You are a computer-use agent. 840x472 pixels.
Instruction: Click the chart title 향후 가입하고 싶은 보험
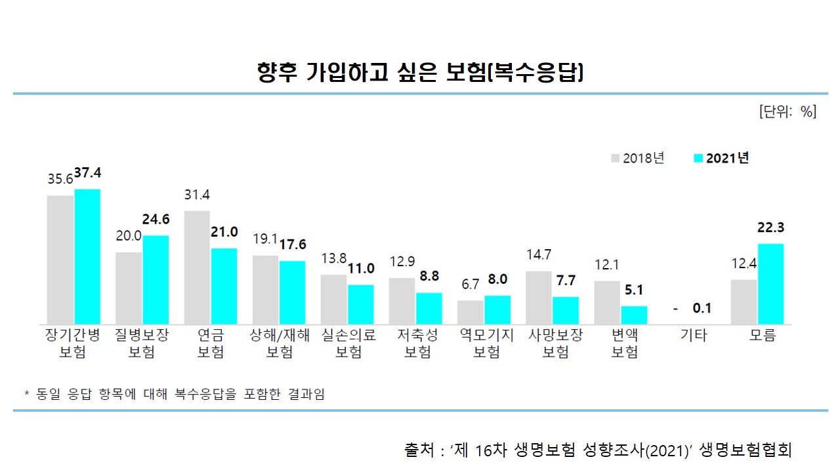click(420, 71)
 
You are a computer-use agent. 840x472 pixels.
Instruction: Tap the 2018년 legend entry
click(638, 158)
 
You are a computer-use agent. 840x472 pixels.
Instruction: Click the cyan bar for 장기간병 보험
click(87, 256)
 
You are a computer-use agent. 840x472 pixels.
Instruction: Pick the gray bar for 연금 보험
click(197, 267)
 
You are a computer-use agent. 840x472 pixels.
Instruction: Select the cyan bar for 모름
click(770, 284)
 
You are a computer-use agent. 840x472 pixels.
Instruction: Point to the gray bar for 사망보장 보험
click(539, 298)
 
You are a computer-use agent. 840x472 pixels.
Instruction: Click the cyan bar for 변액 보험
click(634, 315)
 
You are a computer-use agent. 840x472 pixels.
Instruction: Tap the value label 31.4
click(197, 195)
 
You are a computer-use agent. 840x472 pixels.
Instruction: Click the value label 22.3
click(770, 228)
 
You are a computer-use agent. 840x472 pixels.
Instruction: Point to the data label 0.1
click(702, 309)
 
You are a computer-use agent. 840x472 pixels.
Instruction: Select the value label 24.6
click(156, 220)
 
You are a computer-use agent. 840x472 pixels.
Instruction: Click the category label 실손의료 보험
click(348, 344)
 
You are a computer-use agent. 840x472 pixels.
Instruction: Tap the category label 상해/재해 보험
click(280, 344)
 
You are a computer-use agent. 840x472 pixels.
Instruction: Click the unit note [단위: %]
click(787, 111)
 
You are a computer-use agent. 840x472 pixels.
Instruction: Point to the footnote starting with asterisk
click(175, 394)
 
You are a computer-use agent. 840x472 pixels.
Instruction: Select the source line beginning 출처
click(598, 450)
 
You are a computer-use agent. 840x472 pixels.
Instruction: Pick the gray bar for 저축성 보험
click(402, 301)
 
